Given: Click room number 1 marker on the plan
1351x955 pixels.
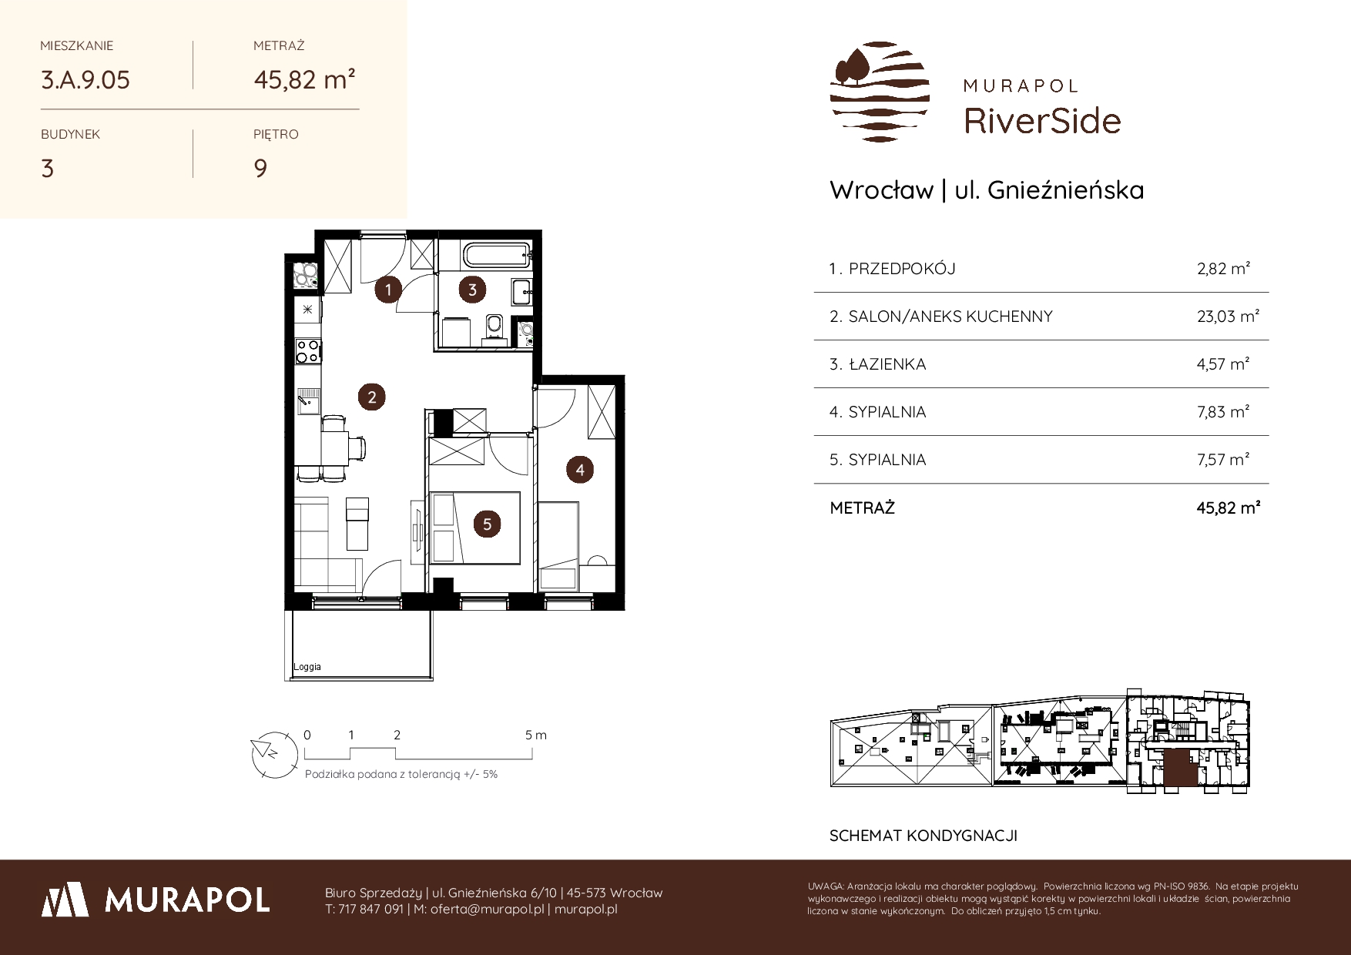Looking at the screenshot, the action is [389, 290].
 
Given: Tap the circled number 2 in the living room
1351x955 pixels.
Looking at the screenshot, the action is [372, 397].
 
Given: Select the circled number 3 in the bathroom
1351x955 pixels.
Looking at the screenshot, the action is [472, 290].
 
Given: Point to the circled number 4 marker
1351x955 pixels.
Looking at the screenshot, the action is [579, 469].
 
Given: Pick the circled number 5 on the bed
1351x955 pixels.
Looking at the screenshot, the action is [487, 524].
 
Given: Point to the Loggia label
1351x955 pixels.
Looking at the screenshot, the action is [307, 667].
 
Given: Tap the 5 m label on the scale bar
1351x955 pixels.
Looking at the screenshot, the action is [536, 735].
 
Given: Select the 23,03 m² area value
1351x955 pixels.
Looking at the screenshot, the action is [1228, 316].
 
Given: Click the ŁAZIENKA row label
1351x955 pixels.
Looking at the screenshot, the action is [887, 364].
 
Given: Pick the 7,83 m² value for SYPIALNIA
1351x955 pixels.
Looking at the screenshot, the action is [1223, 411].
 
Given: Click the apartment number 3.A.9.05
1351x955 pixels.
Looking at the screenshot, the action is [85, 79].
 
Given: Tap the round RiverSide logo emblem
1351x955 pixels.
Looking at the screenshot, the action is [880, 92].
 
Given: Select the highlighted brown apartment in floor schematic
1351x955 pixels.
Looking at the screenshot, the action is [1180, 769].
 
